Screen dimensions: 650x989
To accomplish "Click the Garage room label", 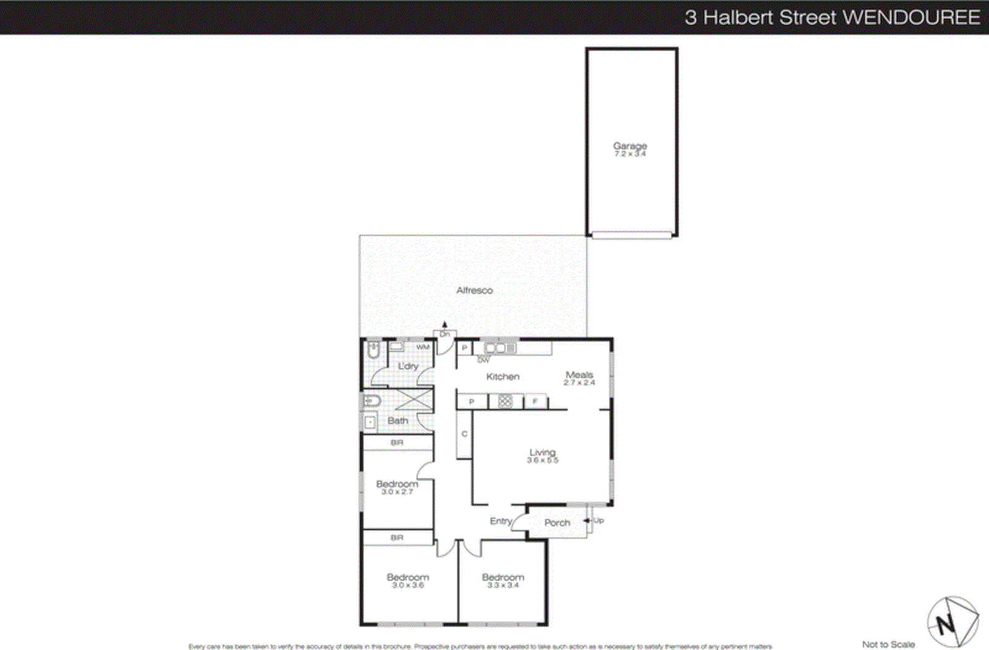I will point(630,146).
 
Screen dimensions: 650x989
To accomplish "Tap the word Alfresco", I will point(474,290).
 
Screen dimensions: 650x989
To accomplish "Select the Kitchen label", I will point(503,376).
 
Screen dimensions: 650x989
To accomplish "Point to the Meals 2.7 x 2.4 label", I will point(579,378).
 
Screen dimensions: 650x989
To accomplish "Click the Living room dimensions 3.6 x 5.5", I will point(542,460).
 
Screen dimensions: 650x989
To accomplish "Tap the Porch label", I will point(557,523).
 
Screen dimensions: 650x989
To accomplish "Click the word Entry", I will point(501,521).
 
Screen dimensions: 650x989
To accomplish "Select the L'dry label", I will point(408,366).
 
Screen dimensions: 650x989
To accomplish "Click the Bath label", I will point(397,421).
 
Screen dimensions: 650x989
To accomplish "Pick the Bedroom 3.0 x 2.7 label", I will point(397,487).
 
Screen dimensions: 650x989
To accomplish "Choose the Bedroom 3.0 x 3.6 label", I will point(407,580).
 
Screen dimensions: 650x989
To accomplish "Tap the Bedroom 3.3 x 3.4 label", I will point(503,580).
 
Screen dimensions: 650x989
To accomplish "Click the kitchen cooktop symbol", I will point(505,402).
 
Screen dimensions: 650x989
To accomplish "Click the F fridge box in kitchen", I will point(535,402).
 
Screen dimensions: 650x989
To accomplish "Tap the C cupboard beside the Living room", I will point(464,434).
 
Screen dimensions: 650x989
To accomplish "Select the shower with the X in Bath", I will point(414,400).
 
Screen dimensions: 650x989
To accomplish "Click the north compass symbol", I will point(952,622).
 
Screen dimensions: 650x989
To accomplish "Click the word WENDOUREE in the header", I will point(911,17).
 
